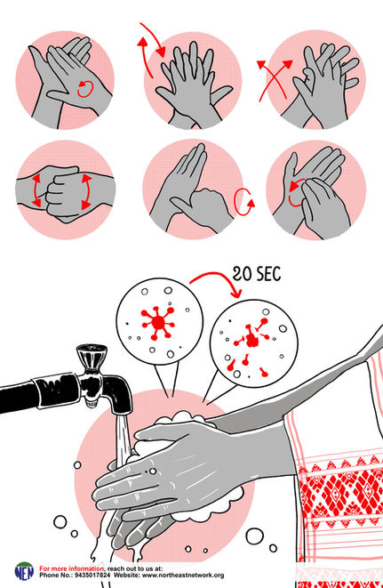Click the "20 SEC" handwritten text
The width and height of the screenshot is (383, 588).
[256, 274]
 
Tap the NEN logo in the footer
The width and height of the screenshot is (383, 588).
[24, 571]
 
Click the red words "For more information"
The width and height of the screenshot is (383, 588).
[72, 568]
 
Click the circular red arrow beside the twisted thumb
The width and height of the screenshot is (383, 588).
[243, 202]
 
